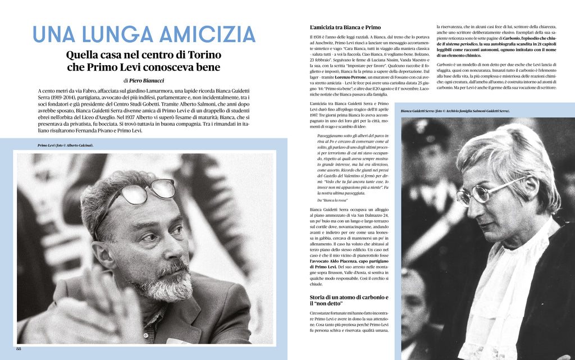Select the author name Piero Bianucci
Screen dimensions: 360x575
[148, 80]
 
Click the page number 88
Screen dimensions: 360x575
[19, 348]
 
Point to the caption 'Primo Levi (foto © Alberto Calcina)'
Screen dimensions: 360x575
[65, 145]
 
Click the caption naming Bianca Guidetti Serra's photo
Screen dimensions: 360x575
[455, 111]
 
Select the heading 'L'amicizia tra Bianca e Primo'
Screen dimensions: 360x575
[345, 27]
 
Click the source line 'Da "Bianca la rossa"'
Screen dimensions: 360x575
[332, 200]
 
